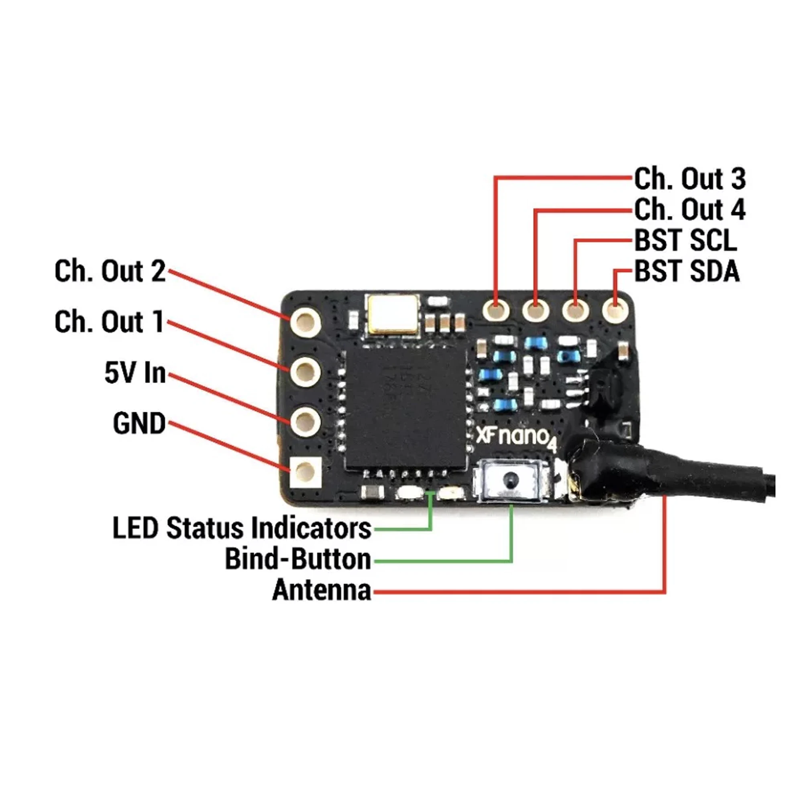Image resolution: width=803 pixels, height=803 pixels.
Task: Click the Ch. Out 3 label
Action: pyautogui.click(x=689, y=179)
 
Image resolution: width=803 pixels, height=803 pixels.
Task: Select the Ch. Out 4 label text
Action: pyautogui.click(x=689, y=210)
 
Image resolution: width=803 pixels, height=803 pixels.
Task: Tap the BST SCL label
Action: pyautogui.click(x=685, y=240)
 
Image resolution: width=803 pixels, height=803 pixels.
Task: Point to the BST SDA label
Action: pyautogui.click(x=687, y=271)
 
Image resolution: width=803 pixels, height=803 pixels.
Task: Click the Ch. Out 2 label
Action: pyautogui.click(x=110, y=271)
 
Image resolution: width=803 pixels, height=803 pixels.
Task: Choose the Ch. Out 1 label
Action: pyautogui.click(x=109, y=322)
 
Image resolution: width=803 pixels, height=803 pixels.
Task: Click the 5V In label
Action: pyautogui.click(x=135, y=373)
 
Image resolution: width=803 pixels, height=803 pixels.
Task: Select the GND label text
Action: pyautogui.click(x=139, y=424)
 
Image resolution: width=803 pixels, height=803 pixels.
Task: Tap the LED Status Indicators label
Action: pyautogui.click(x=242, y=528)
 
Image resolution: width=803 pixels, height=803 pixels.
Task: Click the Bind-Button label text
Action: pyautogui.click(x=298, y=559)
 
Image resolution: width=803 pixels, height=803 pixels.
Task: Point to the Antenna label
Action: pyautogui.click(x=322, y=590)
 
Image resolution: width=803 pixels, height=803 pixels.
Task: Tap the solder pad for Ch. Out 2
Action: pyautogui.click(x=306, y=322)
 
